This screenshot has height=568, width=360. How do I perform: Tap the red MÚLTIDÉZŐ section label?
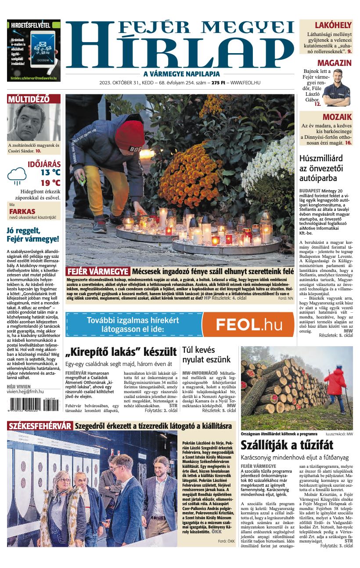(x=28, y=99)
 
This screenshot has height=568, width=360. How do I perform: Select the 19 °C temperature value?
(x=50, y=183)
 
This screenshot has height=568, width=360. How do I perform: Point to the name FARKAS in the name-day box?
(x=22, y=211)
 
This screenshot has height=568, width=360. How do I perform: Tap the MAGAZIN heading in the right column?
(x=334, y=63)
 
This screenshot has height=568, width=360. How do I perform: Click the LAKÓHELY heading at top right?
(x=333, y=25)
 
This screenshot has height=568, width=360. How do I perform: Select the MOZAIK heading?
(x=337, y=117)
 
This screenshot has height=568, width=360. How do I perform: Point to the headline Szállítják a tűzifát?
(x=287, y=445)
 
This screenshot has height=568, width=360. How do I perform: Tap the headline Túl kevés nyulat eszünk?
(x=206, y=355)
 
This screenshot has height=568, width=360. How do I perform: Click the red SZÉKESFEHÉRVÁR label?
(x=40, y=426)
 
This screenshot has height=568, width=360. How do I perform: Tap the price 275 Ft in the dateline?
(x=218, y=83)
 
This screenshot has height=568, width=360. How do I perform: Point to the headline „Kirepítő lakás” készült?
(x=121, y=352)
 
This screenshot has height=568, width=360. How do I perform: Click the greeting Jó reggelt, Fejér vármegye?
(x=33, y=235)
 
